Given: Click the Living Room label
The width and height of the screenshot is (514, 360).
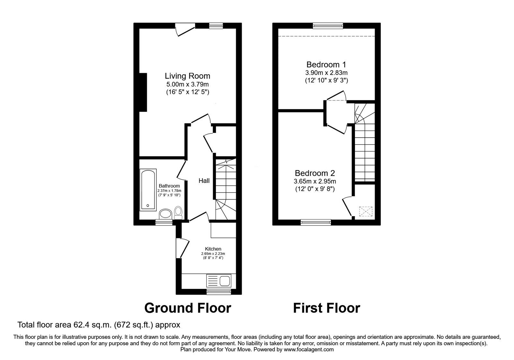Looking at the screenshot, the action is pos(188,76).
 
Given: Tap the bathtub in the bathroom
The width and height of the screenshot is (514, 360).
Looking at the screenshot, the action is pos(148,190).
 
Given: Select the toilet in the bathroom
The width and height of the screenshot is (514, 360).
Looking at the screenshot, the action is pos(178,213).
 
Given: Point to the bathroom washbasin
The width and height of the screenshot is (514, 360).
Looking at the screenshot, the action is pos(165,214).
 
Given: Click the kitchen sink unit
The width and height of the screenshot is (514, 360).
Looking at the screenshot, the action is pos(219,281).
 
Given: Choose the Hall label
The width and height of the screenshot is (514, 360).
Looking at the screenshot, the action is pos(204,181).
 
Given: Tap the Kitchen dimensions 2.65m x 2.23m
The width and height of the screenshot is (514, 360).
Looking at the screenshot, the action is pos(213,254).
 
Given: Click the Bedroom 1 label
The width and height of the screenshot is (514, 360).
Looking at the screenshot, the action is pos(326,65).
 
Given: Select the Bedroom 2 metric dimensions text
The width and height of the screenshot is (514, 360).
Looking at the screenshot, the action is pos(315,181).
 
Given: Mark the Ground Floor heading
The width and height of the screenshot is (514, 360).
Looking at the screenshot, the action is pos(188,308).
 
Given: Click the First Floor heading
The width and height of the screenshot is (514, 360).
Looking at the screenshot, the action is pos(326,308).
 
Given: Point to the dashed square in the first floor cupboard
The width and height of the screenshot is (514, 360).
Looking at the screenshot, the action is pos(366,211).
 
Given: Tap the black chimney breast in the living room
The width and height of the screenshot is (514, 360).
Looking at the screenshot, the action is pos(143,92).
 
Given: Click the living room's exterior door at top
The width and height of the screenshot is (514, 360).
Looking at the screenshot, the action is pos(185,29).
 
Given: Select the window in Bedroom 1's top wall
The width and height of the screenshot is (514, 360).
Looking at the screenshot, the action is pos(328,26).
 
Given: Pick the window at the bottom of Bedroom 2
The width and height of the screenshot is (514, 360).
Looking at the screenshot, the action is pos(316,222).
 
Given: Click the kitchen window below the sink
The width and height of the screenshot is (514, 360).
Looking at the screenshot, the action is pos(219,292).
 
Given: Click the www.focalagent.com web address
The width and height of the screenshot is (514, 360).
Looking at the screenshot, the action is pos(309,350).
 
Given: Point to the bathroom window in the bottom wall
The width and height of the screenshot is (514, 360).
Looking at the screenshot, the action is pos(164,222).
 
